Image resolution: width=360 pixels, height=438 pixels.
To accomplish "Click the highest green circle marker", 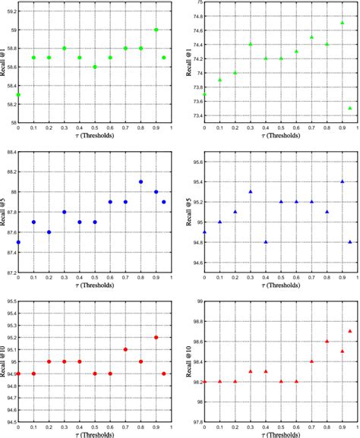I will coord(156,30).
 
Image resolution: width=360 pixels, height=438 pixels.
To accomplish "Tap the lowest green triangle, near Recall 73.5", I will coord(350,109).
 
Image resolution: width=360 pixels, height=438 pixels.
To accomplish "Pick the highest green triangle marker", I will coord(343,23).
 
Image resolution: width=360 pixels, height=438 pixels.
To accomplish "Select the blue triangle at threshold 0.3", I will coord(251,191).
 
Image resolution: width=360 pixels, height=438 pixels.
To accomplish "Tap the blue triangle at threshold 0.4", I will coord(266,242).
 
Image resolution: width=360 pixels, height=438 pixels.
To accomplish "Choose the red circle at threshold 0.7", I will coord(126,349).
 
